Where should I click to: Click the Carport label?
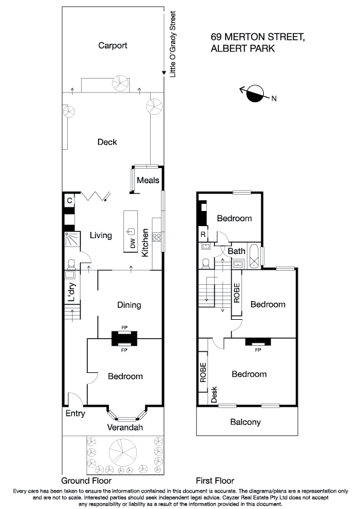(x=113, y=45)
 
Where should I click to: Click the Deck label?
(x=107, y=142)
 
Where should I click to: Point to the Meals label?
(x=148, y=180)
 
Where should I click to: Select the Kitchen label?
(x=145, y=243)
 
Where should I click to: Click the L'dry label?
(x=71, y=292)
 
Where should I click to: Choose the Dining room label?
(x=129, y=305)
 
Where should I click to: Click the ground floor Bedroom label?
(x=125, y=376)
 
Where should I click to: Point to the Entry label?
(x=75, y=414)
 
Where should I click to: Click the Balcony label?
(x=246, y=422)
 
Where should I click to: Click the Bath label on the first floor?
(x=237, y=250)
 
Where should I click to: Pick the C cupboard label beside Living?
(x=70, y=200)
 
